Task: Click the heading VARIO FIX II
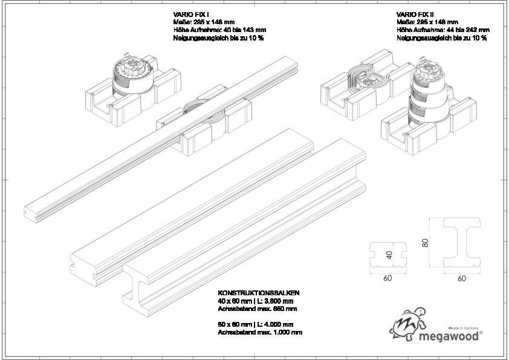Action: coord(414,14)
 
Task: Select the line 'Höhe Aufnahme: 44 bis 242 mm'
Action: coord(443,30)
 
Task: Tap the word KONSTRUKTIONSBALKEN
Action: coord(258,293)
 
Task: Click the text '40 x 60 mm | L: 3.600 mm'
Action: coord(255,301)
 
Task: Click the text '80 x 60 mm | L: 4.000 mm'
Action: coord(255,324)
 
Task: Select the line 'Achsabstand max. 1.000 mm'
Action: coord(260,332)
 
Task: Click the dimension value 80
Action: coord(425,243)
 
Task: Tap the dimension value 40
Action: coord(389,255)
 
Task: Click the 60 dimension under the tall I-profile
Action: coord(462,279)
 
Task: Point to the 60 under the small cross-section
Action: coord(387,279)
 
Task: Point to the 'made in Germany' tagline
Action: coord(463,326)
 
